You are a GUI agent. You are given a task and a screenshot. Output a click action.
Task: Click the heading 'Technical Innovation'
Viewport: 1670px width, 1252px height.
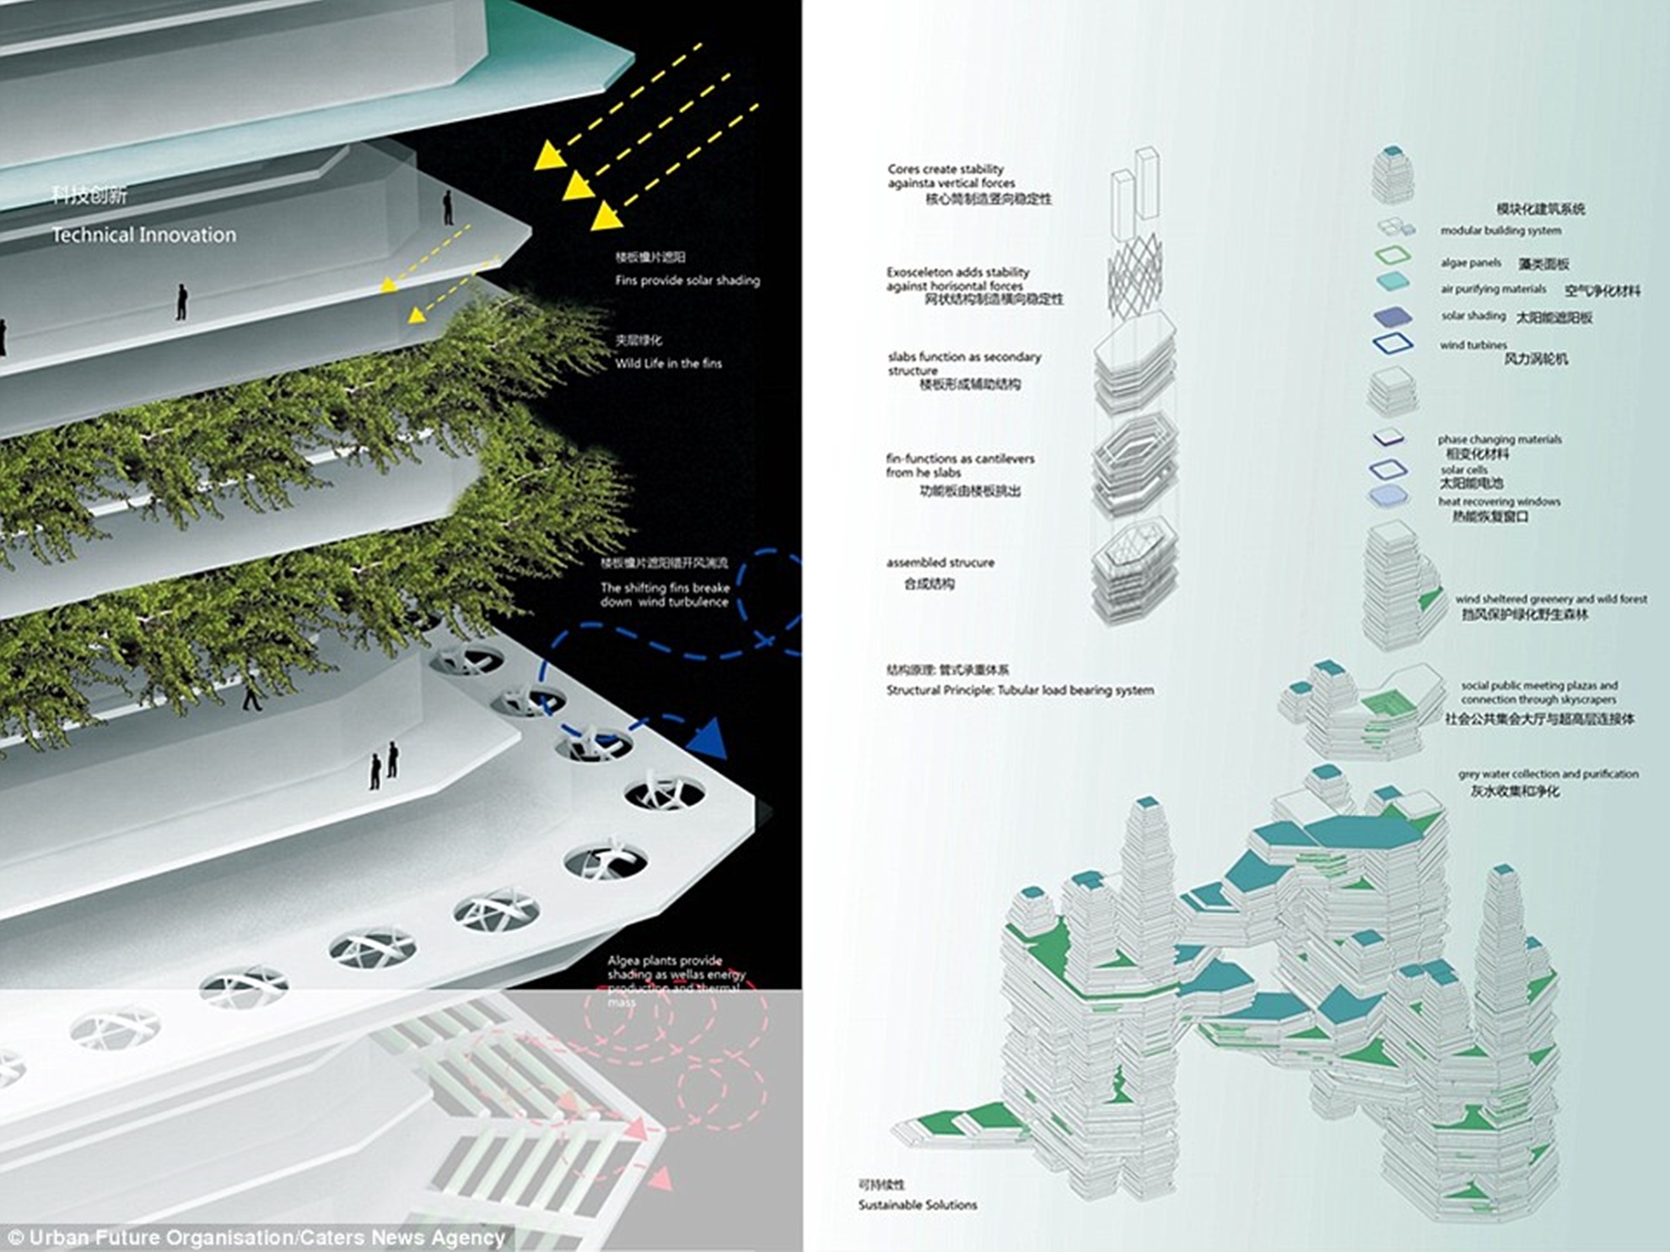pyautogui.click(x=143, y=235)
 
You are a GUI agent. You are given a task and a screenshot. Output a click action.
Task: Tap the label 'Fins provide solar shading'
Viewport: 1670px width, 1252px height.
pyautogui.click(x=687, y=280)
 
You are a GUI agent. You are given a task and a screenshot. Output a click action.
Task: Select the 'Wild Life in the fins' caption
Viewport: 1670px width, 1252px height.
pyautogui.click(x=668, y=364)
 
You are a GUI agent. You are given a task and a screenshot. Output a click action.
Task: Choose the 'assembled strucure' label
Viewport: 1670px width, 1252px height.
pyautogui.click(x=940, y=563)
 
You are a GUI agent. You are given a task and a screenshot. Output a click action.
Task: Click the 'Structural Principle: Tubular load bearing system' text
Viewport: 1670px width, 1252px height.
pyautogui.click(x=1020, y=690)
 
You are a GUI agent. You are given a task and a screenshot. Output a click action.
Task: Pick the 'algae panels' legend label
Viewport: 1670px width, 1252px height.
pyautogui.click(x=1471, y=263)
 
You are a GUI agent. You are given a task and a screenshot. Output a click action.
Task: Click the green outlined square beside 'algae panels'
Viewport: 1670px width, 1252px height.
pyautogui.click(x=1392, y=255)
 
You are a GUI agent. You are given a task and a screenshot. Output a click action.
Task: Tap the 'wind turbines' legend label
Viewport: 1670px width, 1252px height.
pyautogui.click(x=1473, y=345)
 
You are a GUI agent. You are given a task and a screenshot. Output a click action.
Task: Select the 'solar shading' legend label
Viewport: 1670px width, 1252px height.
pyautogui.click(x=1473, y=316)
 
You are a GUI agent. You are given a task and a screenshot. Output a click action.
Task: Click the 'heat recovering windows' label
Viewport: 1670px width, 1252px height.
pyautogui.click(x=1499, y=502)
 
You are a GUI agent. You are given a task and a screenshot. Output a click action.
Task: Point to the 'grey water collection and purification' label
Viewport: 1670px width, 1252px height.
pyautogui.click(x=1548, y=774)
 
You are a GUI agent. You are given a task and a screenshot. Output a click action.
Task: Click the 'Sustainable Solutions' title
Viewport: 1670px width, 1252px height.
pyautogui.click(x=917, y=1205)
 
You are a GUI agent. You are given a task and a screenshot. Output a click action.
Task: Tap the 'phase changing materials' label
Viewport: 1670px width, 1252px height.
pyautogui.click(x=1499, y=440)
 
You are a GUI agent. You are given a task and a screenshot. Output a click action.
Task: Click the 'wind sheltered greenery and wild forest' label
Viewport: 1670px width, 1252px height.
pyautogui.click(x=1550, y=599)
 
